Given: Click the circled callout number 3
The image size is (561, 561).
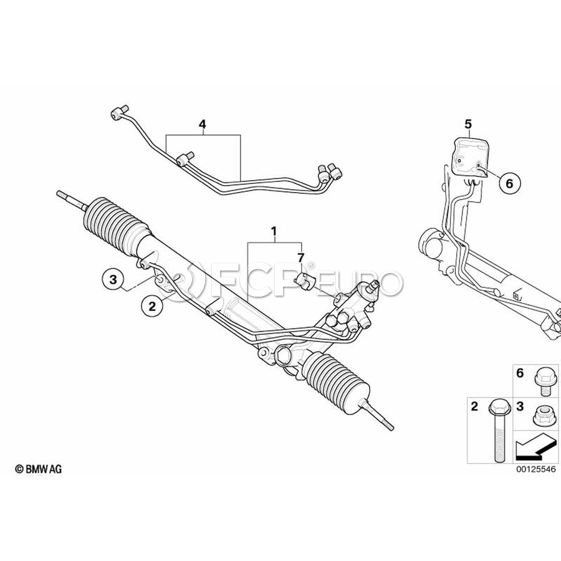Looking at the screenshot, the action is [113, 279].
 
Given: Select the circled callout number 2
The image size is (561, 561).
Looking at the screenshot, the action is [153, 306].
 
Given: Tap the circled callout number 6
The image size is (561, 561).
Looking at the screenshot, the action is [509, 183].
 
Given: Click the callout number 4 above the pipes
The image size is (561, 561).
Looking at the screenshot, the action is [203, 125].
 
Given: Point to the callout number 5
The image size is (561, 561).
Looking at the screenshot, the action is [468, 124].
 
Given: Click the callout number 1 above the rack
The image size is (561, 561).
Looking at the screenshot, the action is [274, 231].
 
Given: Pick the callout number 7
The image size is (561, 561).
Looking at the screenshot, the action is [300, 257].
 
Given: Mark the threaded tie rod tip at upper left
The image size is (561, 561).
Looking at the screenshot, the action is [70, 199].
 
